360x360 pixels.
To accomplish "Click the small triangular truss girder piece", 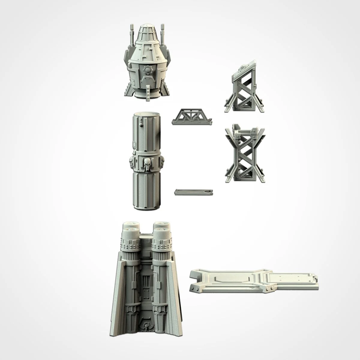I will click(x=192, y=117).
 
